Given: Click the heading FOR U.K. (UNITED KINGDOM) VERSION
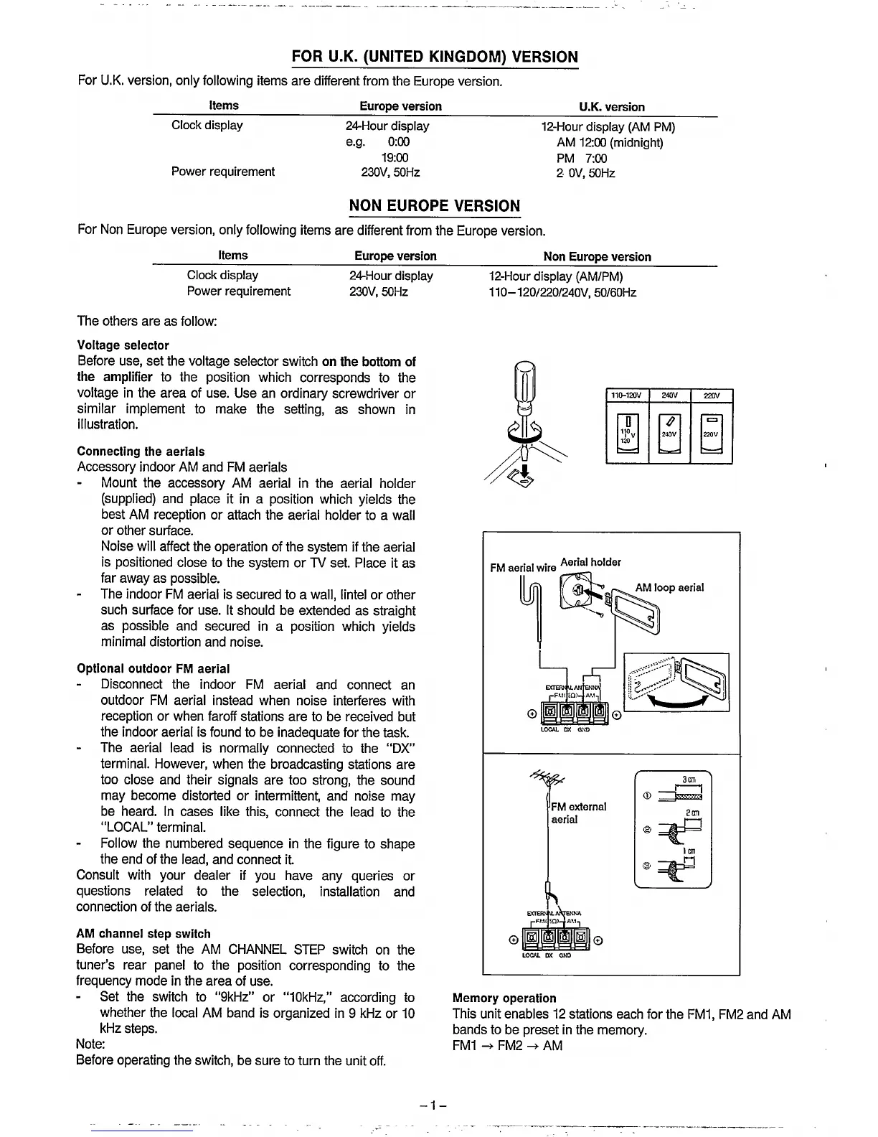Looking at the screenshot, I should (x=435, y=57).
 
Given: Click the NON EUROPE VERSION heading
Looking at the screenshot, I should (x=434, y=206).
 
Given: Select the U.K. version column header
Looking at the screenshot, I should (x=612, y=107).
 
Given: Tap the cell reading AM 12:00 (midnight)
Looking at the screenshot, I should (x=610, y=142).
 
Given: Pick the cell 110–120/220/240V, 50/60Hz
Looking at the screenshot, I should (x=562, y=292).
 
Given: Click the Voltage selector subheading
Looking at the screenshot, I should (x=123, y=345).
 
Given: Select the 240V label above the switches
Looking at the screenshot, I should (x=669, y=396).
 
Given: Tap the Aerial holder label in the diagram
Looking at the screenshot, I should (x=590, y=562).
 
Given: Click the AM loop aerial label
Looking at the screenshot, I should (x=669, y=588).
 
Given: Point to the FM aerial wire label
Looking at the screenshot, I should (x=523, y=568).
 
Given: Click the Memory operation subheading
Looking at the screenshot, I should (x=504, y=998).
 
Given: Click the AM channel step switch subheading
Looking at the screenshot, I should (x=143, y=934).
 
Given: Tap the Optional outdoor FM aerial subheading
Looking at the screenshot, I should (x=154, y=669).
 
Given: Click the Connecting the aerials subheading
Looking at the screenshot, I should (x=141, y=451).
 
